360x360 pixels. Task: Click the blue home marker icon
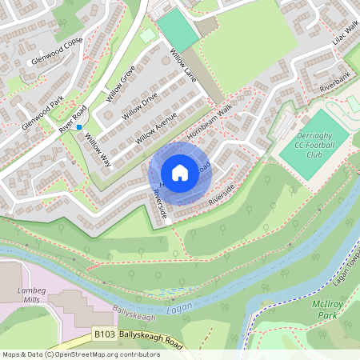click(180, 173)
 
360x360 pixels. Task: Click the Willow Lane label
click(184, 63)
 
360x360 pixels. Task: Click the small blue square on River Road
click(78, 126)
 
